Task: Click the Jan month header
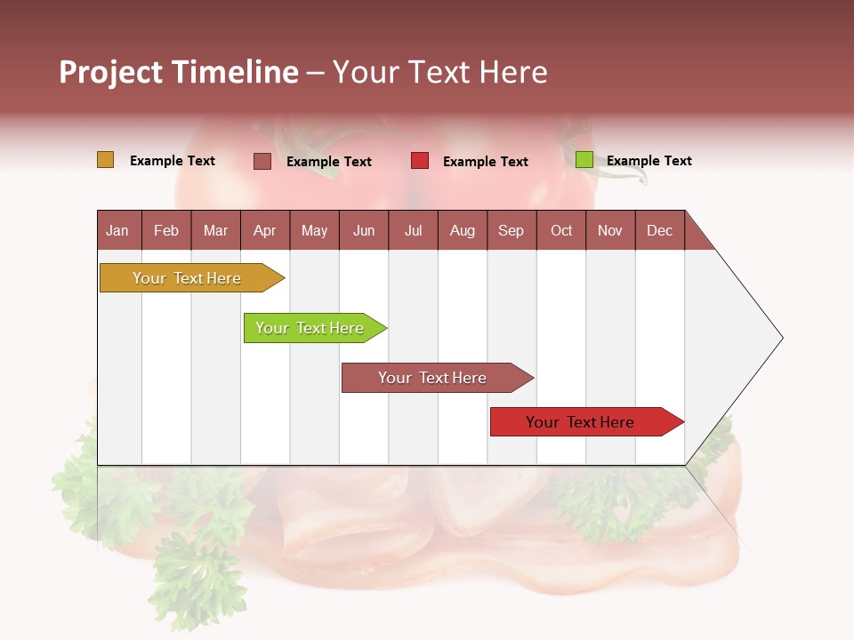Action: point(117,230)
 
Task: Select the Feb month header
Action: point(166,230)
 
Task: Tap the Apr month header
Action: point(264,230)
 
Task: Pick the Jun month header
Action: point(364,230)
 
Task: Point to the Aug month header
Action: point(462,230)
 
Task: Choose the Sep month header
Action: point(511,230)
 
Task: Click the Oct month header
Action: point(561,230)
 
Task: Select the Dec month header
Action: point(659,230)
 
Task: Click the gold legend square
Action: point(106,160)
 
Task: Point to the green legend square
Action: point(584,160)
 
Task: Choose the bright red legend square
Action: point(420,161)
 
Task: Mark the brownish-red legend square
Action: point(262,161)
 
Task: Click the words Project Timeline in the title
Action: point(179,72)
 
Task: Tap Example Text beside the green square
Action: point(649,161)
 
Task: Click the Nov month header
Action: point(610,230)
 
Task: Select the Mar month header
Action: point(215,230)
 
